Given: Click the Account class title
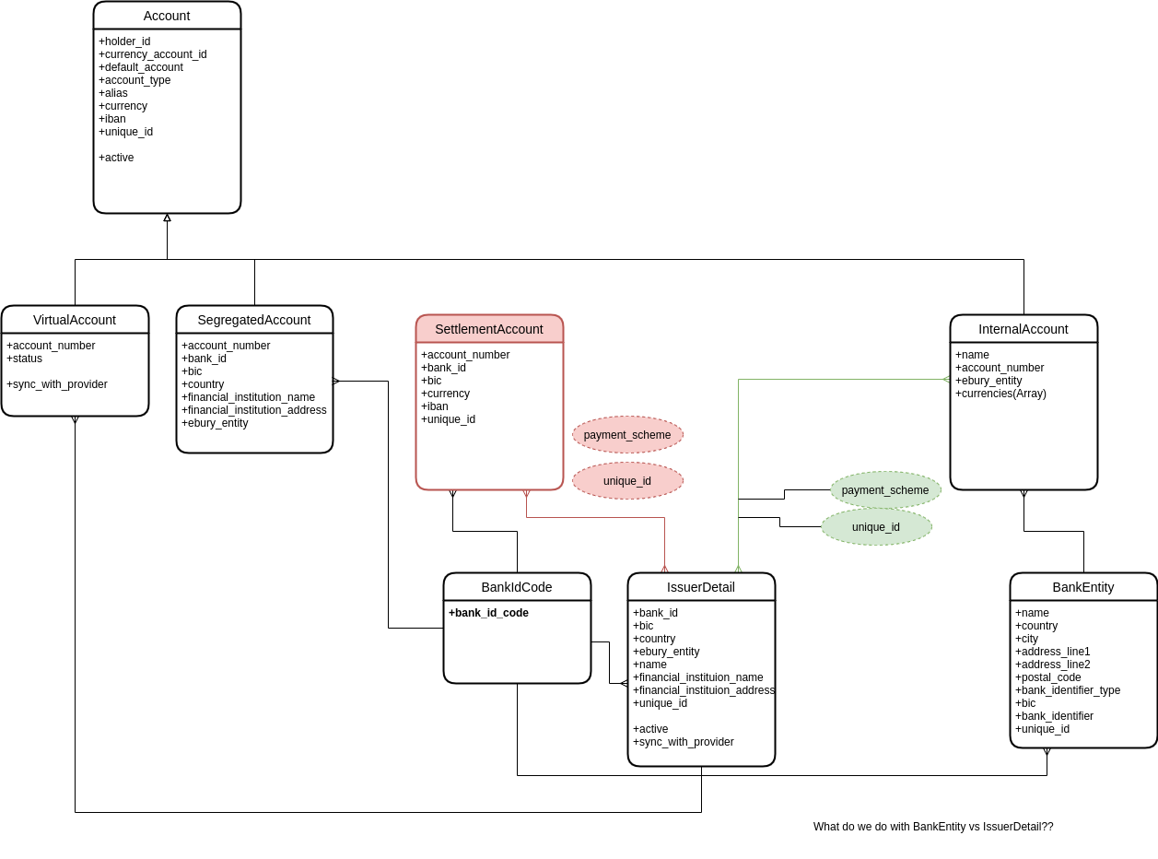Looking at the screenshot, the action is [x=167, y=17].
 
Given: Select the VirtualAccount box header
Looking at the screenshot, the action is [x=75, y=320].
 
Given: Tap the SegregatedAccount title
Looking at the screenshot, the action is [x=254, y=320].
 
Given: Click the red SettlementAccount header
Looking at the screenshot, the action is [x=489, y=329].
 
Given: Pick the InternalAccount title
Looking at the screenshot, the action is [x=1023, y=329].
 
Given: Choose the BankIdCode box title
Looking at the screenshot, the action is [x=517, y=587].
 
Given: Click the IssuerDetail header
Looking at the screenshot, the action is [x=701, y=587].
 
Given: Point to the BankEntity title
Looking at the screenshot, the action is [x=1083, y=587].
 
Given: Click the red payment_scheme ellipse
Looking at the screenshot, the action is [x=627, y=435].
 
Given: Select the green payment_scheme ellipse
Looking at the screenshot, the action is [x=885, y=490].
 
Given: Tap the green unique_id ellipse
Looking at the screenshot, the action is [x=876, y=527].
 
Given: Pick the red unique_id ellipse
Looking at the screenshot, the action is [x=627, y=481].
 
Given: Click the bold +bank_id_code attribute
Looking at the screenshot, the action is [x=488, y=613].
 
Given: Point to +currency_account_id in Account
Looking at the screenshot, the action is [x=152, y=54].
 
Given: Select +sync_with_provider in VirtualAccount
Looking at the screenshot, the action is [x=57, y=384].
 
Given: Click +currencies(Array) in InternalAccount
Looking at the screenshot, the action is [x=1000, y=394].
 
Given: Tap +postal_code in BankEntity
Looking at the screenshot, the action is [x=1047, y=677].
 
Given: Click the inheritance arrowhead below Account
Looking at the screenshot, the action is [x=167, y=218].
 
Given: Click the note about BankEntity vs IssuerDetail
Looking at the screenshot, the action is [x=933, y=827].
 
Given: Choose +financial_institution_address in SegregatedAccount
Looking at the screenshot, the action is [x=253, y=410].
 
